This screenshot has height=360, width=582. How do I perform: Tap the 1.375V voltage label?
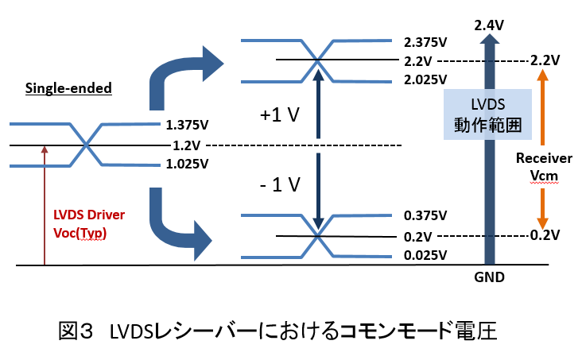coord(187,126)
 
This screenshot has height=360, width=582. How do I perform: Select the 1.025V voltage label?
coord(187,165)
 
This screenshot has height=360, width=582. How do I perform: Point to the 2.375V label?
coord(425,42)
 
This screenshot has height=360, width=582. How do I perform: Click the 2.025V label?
coord(425,79)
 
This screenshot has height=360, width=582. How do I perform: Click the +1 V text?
coord(278,115)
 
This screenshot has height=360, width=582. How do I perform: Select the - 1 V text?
coord(280,186)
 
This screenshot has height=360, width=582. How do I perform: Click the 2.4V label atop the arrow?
coord(488,26)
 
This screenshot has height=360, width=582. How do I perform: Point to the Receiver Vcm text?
coord(544,165)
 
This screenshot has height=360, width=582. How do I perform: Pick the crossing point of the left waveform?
coord(86,145)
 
